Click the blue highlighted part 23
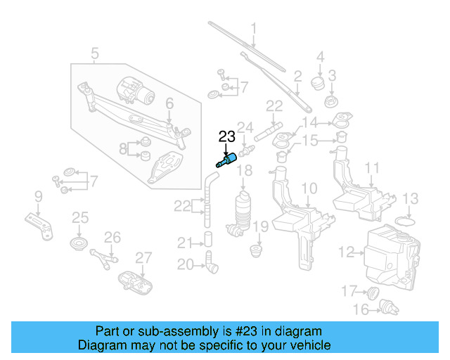[x=227, y=159]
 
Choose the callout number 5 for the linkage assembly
[x=95, y=52]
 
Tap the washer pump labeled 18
[x=243, y=209]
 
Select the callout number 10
[x=309, y=188]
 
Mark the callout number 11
[x=372, y=168]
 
